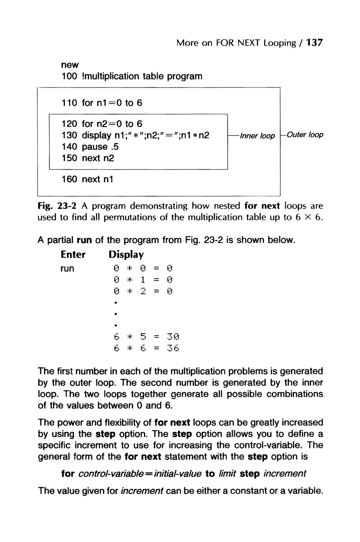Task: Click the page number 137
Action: (x=314, y=43)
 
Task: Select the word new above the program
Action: (x=70, y=65)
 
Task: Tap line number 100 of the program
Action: (x=69, y=76)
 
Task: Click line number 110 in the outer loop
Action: (x=69, y=103)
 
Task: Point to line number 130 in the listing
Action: (x=69, y=135)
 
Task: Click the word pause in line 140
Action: (x=95, y=147)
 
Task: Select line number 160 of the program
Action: (x=69, y=179)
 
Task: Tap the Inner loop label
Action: (x=257, y=136)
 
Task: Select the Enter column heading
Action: (x=73, y=254)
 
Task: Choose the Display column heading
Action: (x=126, y=254)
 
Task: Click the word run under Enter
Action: (x=67, y=268)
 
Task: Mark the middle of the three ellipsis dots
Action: (x=116, y=313)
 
